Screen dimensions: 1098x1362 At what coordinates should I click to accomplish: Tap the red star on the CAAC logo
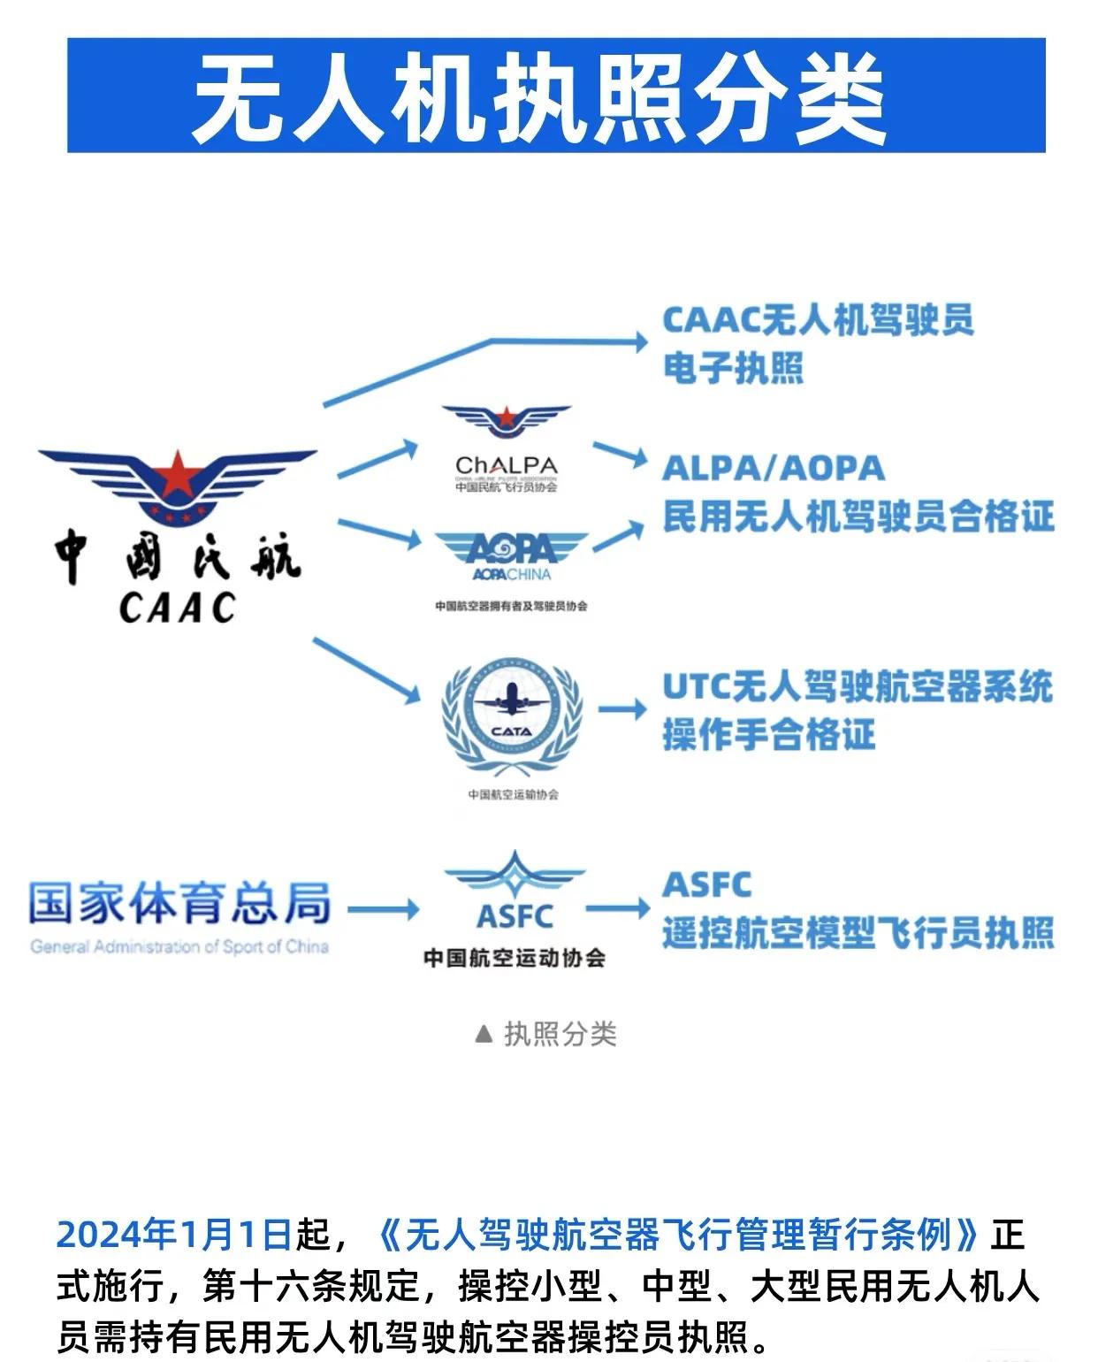pos(177,472)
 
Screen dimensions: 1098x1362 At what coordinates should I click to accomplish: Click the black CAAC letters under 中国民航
pos(178,608)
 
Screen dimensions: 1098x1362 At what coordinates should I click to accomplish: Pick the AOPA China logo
pos(512,557)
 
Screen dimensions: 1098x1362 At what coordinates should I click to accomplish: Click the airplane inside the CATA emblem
pos(512,700)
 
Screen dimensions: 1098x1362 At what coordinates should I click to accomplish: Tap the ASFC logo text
pos(515,916)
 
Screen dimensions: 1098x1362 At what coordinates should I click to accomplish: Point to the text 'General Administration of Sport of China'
pos(179,947)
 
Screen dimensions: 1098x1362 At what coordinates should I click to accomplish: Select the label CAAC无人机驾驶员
pos(818,320)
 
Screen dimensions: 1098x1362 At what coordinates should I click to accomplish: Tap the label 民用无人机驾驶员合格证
pos(858,516)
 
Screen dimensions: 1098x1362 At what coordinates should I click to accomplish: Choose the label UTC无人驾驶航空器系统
pos(858,687)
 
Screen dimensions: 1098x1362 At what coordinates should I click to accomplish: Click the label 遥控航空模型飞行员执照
pos(858,933)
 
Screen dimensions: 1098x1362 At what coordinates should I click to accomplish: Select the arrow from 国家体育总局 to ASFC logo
pos(383,909)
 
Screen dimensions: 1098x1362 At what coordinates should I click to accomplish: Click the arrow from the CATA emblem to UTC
pos(622,709)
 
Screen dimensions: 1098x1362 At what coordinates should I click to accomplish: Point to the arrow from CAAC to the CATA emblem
pos(367,670)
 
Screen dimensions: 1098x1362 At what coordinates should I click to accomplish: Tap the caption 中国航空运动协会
pos(514,958)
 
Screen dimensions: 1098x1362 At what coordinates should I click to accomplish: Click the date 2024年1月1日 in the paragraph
pos(174,1235)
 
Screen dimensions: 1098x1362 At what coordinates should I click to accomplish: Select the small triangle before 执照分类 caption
pos(484,1034)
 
